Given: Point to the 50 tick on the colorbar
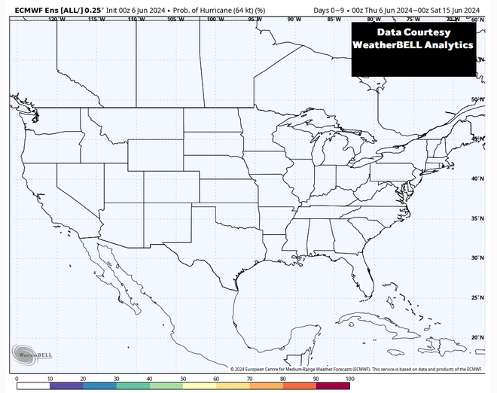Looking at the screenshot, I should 182,379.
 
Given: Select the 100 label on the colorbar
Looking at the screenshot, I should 349,379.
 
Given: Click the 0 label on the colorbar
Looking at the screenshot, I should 17,379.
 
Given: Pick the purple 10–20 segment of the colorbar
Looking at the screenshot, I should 66,385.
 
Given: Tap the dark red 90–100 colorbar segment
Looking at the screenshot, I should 332,385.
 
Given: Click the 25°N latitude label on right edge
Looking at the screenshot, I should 477,297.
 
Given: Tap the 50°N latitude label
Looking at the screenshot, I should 477,99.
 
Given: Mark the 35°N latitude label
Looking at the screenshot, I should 477,218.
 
